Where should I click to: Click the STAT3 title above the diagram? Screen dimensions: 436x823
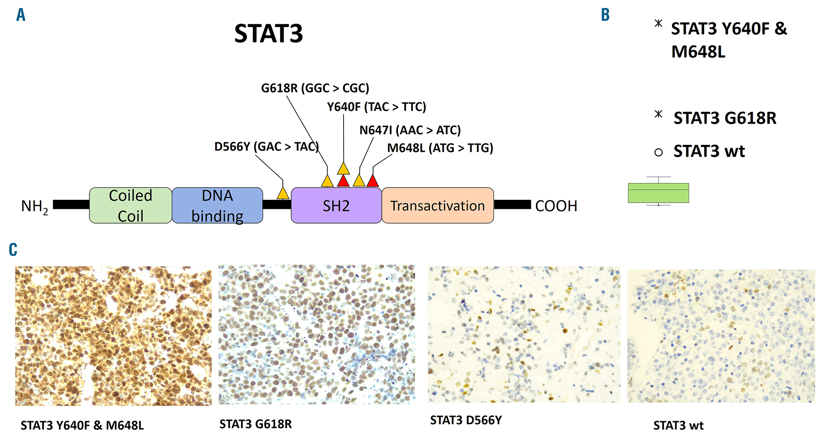pyautogui.click(x=268, y=33)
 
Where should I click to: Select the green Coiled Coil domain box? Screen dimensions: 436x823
pyautogui.click(x=130, y=205)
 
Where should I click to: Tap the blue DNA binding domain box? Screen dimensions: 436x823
pyautogui.click(x=217, y=205)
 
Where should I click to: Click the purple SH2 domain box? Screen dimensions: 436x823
pyautogui.click(x=336, y=205)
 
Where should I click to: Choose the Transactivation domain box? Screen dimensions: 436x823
pyautogui.click(x=437, y=205)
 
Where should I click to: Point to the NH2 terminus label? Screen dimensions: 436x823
pyautogui.click(x=35, y=206)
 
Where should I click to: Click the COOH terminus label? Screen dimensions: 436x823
pyautogui.click(x=556, y=206)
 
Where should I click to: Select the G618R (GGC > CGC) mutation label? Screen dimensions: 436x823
pyautogui.click(x=315, y=88)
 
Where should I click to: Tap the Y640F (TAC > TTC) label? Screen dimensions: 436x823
pyautogui.click(x=377, y=107)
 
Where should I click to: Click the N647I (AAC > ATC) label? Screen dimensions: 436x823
pyautogui.click(x=410, y=130)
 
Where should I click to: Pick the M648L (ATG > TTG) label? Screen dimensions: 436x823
pyautogui.click(x=440, y=148)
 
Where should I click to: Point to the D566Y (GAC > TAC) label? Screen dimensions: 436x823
pyautogui.click(x=267, y=147)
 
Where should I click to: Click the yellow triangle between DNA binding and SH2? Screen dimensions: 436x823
pyautogui.click(x=283, y=193)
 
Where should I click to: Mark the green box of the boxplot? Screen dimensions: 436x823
pyautogui.click(x=658, y=193)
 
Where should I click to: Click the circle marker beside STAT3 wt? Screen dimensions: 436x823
pyautogui.click(x=658, y=153)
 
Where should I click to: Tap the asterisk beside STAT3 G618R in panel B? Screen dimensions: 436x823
pyautogui.click(x=658, y=114)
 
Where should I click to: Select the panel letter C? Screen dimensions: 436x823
pyautogui.click(x=13, y=250)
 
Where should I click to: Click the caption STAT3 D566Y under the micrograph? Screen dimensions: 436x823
pyautogui.click(x=466, y=420)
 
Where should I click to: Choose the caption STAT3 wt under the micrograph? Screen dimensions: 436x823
pyautogui.click(x=678, y=425)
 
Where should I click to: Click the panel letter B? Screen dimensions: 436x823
pyautogui.click(x=605, y=15)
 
